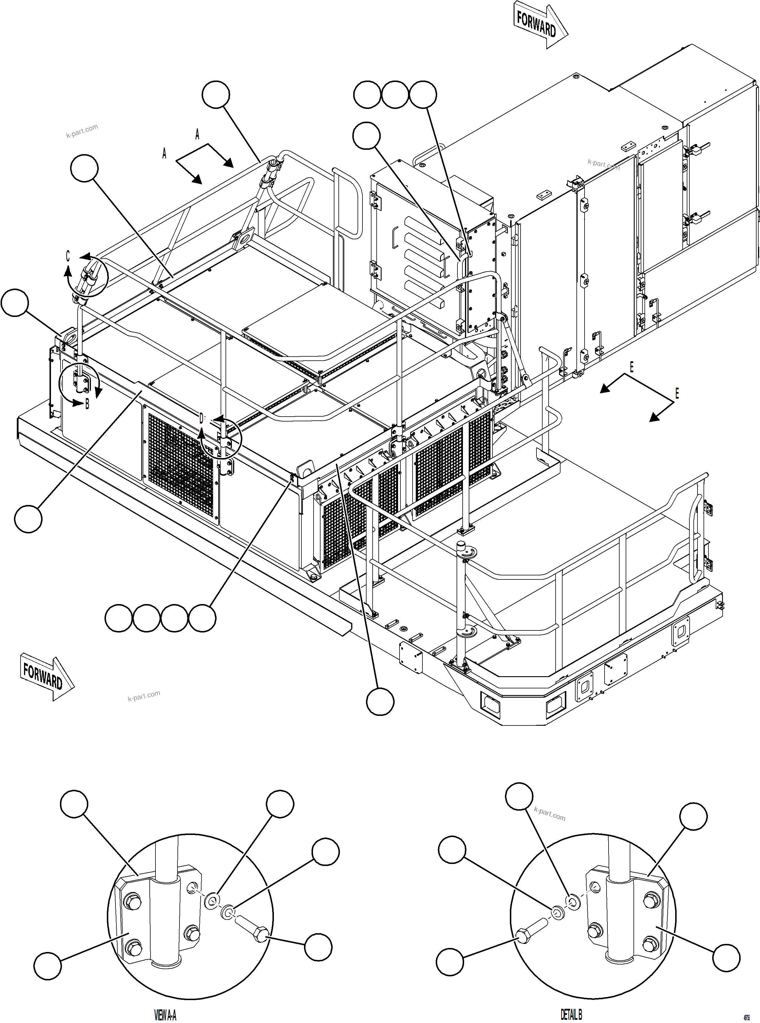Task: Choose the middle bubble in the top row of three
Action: click(395, 95)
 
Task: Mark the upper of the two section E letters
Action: click(632, 367)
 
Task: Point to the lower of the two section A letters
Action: click(164, 154)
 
